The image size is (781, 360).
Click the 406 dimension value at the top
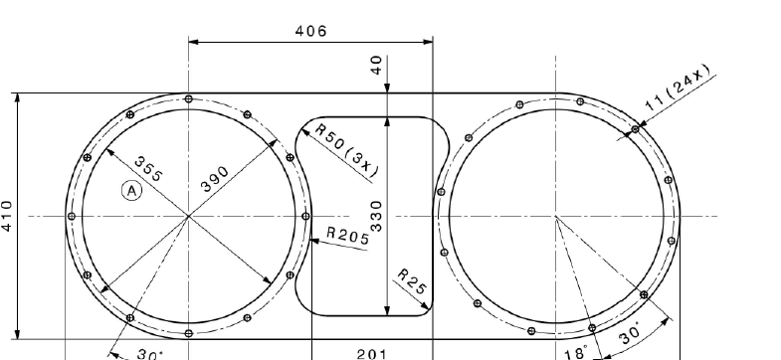311,32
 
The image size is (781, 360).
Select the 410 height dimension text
7,216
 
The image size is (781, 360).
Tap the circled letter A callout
131,191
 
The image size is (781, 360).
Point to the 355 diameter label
148,169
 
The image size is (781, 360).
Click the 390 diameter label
215,179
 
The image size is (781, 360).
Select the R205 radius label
348,236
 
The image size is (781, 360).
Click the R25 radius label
413,281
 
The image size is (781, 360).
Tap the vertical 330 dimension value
376,216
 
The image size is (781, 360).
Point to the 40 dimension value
376,66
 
